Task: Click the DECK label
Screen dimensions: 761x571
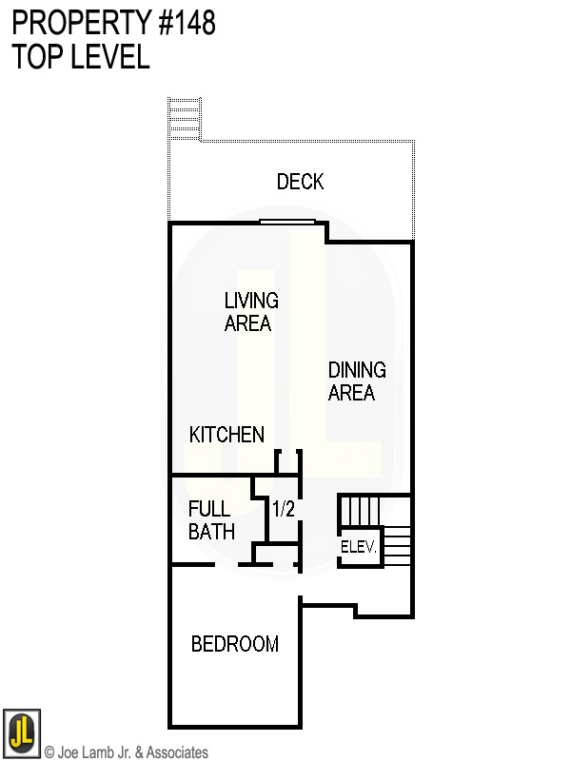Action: (301, 182)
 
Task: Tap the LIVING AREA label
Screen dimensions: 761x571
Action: (251, 312)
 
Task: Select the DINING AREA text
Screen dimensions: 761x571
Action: (357, 380)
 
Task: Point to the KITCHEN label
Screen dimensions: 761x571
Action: (226, 435)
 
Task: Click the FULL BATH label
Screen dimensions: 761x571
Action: (210, 520)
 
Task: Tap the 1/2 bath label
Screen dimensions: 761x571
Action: (284, 510)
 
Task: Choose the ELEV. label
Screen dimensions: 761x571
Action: (360, 548)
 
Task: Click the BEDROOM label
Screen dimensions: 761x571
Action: (235, 644)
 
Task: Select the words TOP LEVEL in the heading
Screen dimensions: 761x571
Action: (81, 57)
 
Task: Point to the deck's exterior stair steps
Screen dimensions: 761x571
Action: (185, 119)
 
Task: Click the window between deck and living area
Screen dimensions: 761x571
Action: (287, 223)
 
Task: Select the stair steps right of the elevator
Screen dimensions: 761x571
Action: (397, 545)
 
